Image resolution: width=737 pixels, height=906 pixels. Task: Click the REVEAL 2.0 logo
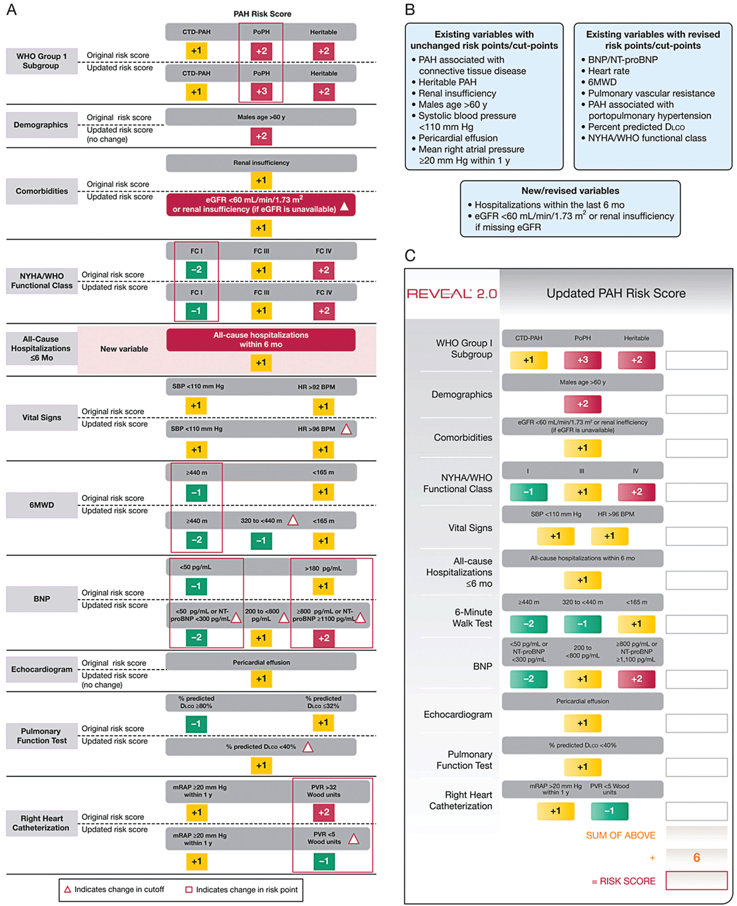[451, 294]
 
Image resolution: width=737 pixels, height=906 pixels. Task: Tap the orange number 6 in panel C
[696, 857]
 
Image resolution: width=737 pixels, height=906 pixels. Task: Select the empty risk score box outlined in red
[696, 880]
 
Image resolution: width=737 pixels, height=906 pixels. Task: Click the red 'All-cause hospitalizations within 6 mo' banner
[260, 340]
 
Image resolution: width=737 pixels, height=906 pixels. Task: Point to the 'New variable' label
[124, 349]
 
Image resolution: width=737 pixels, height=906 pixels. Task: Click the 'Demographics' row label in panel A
[41, 125]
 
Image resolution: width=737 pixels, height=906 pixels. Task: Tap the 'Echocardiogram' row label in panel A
[42, 669]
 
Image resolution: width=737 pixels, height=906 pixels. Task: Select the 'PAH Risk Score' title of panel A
[262, 14]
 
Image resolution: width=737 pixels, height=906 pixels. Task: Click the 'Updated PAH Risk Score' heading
[616, 293]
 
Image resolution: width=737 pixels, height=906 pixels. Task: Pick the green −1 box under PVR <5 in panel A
[324, 861]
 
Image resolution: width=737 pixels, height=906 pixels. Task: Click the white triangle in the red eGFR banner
[345, 206]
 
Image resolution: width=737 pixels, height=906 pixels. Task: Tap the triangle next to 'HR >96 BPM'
[346, 429]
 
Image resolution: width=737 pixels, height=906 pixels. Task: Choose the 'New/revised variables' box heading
[570, 190]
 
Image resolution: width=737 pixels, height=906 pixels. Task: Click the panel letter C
[410, 255]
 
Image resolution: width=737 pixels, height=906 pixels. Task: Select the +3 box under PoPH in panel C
[582, 360]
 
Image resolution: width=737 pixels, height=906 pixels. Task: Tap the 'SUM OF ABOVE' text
[620, 835]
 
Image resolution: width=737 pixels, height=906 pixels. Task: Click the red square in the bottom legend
[189, 889]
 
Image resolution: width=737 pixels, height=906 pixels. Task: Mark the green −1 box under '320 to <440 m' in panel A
[261, 540]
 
